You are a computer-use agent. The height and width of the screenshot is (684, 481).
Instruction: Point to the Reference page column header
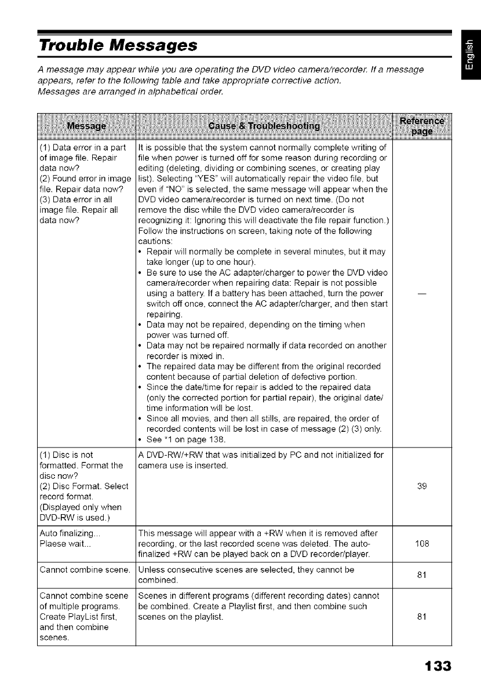421,126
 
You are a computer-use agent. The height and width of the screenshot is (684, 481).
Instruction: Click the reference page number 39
421,485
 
